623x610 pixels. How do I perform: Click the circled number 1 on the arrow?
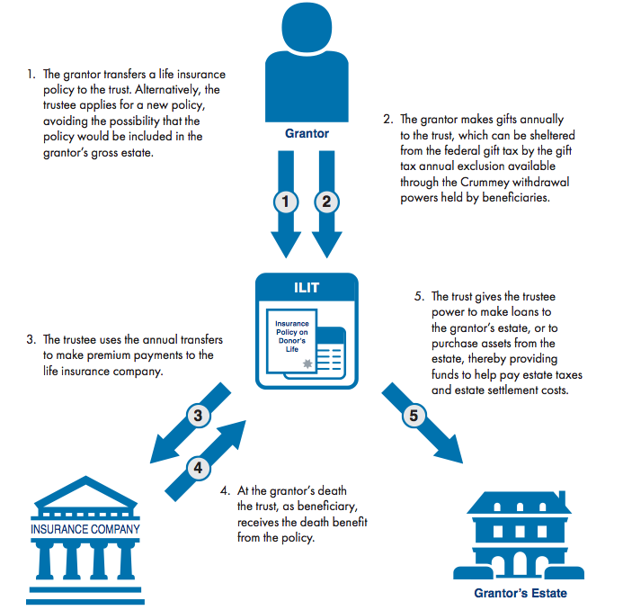286,201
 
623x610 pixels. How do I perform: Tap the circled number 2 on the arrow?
326,201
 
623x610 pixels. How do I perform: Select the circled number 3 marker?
198,416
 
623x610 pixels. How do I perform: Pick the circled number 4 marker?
200,467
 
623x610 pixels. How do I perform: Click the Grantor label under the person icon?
307,134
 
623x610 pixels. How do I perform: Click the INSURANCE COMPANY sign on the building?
86,528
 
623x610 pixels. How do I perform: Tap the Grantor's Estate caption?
521,594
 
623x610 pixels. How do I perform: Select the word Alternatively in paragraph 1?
174,90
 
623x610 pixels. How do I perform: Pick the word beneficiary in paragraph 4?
319,507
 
